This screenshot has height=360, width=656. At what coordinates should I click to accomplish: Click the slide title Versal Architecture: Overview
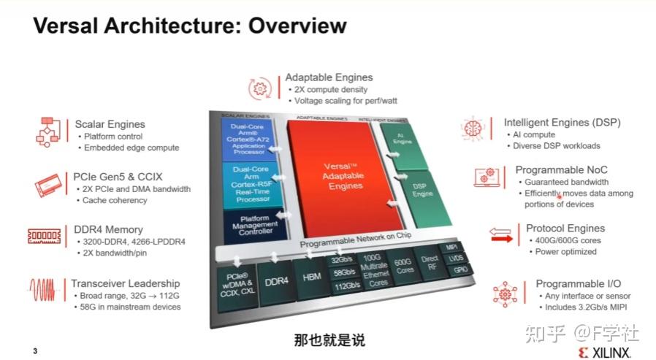pos(190,26)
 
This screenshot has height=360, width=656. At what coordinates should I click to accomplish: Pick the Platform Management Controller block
pos(251,224)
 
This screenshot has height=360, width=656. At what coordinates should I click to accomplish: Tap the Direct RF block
pos(430,263)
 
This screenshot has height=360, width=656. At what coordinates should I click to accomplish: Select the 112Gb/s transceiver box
pos(344,286)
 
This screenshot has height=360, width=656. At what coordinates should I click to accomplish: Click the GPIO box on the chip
pos(461,269)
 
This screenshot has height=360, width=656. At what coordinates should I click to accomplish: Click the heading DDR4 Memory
pos(108,229)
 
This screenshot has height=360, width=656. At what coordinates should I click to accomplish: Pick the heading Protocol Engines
pos(565,229)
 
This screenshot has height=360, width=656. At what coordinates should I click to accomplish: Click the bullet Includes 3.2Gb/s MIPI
pos(585,307)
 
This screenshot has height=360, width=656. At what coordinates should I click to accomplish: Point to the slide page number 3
pos(34,351)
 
